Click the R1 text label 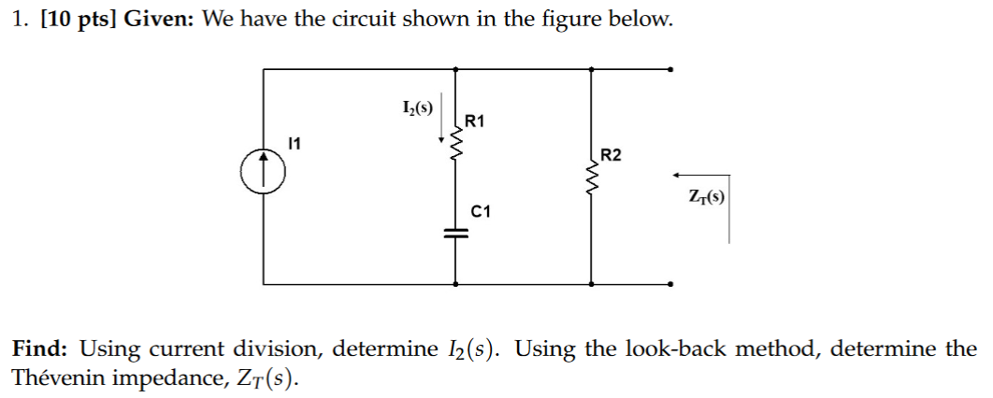[x=475, y=121]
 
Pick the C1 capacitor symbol [x=455, y=235]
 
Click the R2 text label [x=611, y=154]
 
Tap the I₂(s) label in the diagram [x=416, y=107]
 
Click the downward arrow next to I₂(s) [x=442, y=121]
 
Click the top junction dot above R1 [x=455, y=68]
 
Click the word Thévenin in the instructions [x=54, y=378]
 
